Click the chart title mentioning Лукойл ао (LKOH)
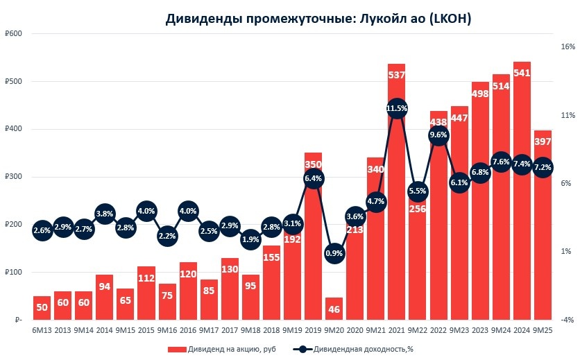[318, 19]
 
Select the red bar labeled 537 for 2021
[397, 208]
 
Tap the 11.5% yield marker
[397, 108]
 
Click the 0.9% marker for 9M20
[334, 253]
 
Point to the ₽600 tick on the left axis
[13, 34]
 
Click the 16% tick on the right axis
[568, 47]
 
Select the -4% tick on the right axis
[568, 320]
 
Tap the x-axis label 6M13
[42, 331]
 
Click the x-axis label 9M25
[543, 331]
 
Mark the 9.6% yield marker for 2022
[438, 135]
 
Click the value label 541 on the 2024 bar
[522, 73]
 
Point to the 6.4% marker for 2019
[314, 179]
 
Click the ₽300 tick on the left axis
[13, 177]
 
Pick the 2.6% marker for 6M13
[42, 230]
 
